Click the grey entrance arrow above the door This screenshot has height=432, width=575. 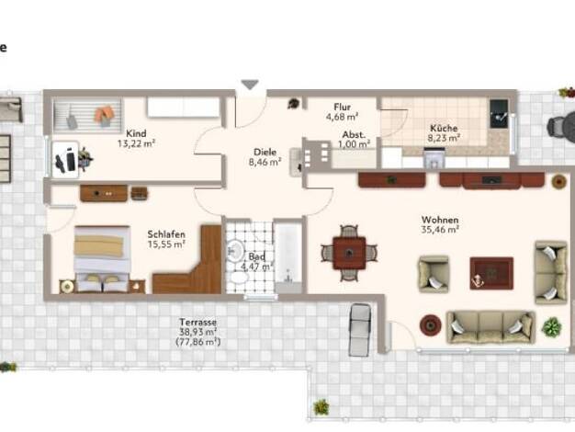pyautogui.click(x=251, y=85)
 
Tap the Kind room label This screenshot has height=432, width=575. pyautogui.click(x=136, y=133)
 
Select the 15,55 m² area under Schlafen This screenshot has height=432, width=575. pyautogui.click(x=166, y=244)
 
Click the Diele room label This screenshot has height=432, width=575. pyautogui.click(x=265, y=152)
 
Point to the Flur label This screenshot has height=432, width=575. pyautogui.click(x=342, y=108)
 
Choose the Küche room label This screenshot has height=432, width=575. pyautogui.click(x=444, y=128)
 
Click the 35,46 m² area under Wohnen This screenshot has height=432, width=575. pyautogui.click(x=440, y=230)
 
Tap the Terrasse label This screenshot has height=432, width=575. pyautogui.click(x=198, y=323)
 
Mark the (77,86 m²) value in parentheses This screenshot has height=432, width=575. pyautogui.click(x=198, y=343)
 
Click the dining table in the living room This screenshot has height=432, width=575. pyautogui.click(x=349, y=253)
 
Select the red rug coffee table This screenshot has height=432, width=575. pyautogui.click(x=491, y=273)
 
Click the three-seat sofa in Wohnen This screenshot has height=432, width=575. pyautogui.click(x=490, y=328)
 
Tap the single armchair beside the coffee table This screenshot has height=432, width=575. pyautogui.click(x=434, y=274)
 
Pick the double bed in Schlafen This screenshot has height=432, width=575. pyautogui.click(x=102, y=259)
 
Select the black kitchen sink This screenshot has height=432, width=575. pyautogui.click(x=499, y=114)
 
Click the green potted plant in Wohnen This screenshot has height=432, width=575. pyautogui.click(x=552, y=326)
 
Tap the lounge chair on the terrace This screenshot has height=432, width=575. pyautogui.click(x=360, y=330)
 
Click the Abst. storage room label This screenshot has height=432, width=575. pyautogui.click(x=354, y=135)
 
